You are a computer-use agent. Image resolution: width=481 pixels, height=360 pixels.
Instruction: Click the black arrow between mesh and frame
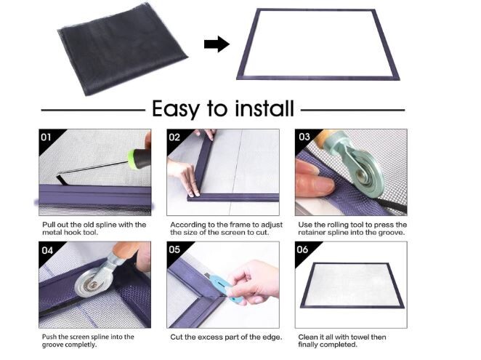click(x=217, y=44)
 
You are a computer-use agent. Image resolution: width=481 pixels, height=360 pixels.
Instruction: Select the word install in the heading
click(x=264, y=108)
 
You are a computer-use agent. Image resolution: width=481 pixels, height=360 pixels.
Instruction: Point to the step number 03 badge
click(x=304, y=137)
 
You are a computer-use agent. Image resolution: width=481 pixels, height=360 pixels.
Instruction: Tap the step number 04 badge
click(x=47, y=250)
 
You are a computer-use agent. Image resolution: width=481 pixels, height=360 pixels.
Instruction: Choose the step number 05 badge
click(x=174, y=249)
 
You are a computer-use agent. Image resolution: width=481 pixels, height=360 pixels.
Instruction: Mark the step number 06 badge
click(x=302, y=249)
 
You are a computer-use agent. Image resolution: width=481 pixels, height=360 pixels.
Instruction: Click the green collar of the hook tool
click(x=132, y=159)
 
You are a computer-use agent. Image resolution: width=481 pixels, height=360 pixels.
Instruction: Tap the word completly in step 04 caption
click(x=81, y=345)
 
